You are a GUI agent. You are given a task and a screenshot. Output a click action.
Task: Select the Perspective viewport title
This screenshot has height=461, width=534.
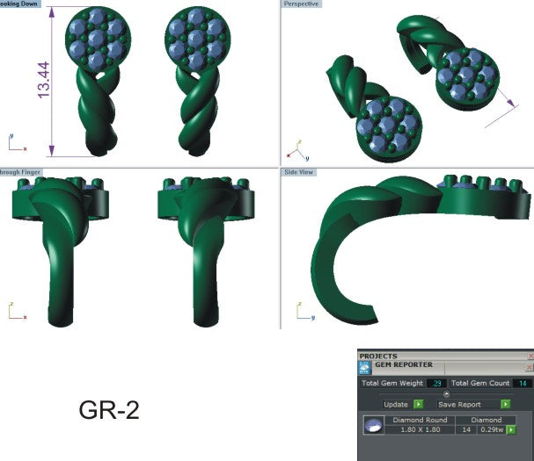pos(302,4)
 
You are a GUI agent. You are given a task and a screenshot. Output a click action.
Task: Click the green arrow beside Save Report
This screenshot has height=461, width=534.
pos(506,404)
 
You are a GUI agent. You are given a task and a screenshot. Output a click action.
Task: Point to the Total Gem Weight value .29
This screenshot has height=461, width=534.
pos(436,383)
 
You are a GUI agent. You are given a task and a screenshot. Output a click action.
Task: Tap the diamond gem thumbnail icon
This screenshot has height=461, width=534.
pos(372,425)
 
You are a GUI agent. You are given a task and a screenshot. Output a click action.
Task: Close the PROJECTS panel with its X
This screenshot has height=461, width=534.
pos(530,357)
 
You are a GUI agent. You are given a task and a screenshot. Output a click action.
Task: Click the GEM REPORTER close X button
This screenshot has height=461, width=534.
pos(530,366)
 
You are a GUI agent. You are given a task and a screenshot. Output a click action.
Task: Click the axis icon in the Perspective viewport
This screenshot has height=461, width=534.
pos(297,147)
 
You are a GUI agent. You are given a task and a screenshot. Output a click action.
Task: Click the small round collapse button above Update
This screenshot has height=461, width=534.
pos(446,394)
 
